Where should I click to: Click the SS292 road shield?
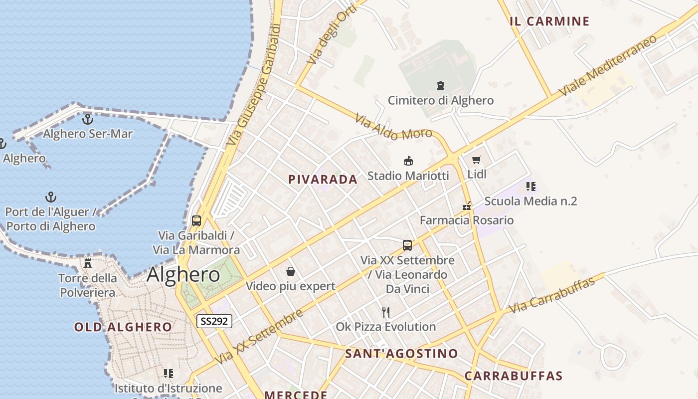pos(214,321)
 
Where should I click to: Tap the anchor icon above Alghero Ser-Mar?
pos(88,119)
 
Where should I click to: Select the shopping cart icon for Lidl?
pos(477,160)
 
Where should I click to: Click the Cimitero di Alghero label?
pos(441,100)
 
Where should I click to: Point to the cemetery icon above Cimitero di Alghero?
pos(441,86)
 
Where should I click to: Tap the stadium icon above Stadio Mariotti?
pos(408,161)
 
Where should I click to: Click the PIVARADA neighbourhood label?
pos(323,180)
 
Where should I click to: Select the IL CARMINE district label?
pos(549,21)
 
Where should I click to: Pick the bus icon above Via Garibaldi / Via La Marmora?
pos(196,220)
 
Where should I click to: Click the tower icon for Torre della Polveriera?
pos(88,263)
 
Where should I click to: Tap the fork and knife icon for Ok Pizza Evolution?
pos(385,312)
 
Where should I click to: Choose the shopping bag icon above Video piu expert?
pos(291,271)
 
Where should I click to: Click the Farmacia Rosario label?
pos(466,220)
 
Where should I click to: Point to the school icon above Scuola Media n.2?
pos(530,187)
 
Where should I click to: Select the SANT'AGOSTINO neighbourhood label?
pos(401,354)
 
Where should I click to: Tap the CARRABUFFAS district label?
pos(514,376)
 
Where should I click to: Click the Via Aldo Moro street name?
pos(387,127)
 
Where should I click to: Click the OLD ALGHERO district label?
pos(123,327)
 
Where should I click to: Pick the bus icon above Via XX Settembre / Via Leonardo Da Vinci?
pos(407,245)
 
